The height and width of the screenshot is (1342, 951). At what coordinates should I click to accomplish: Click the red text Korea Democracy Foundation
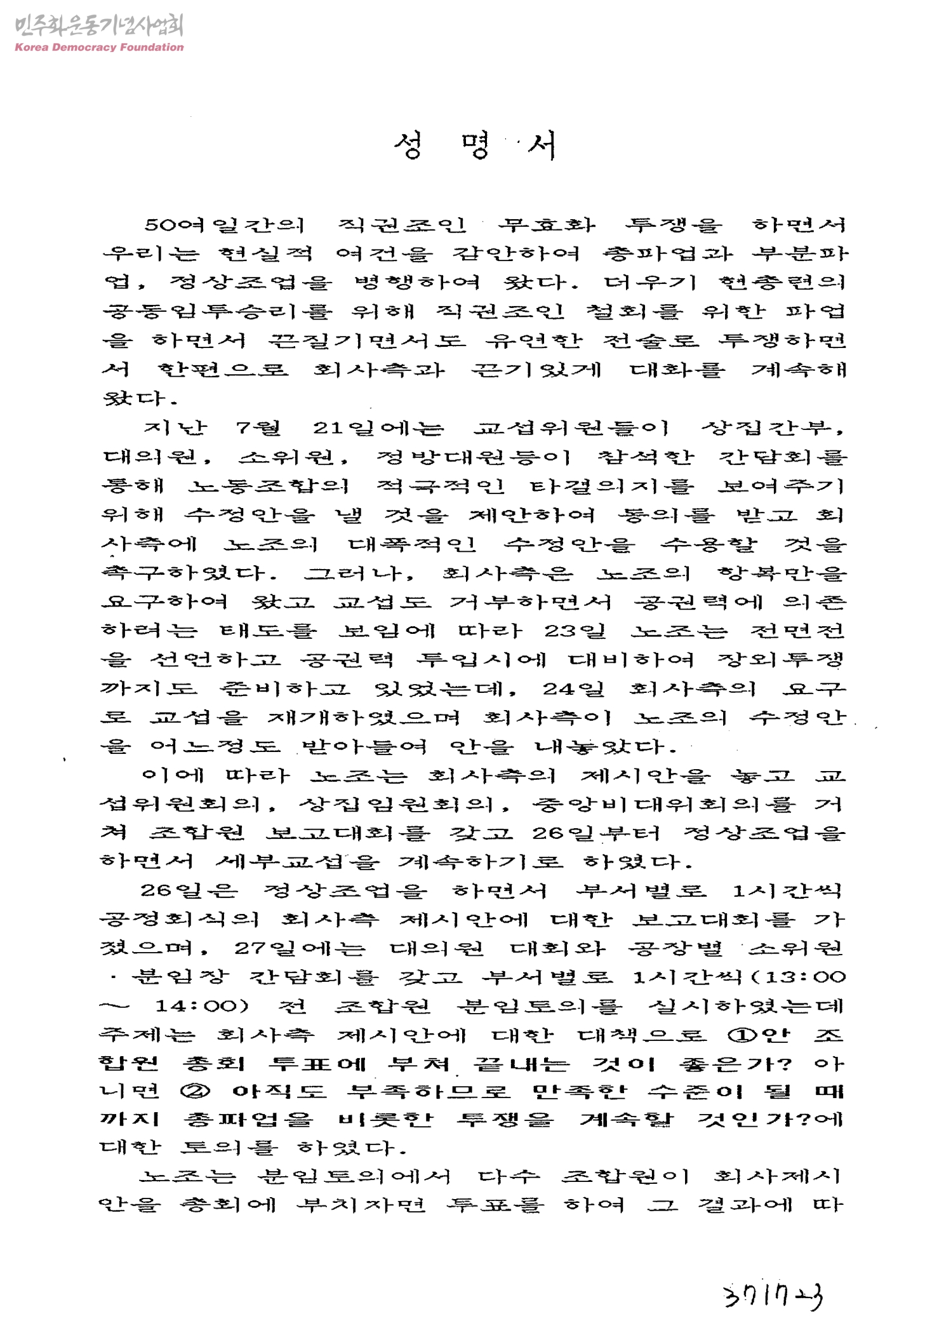pyautogui.click(x=99, y=47)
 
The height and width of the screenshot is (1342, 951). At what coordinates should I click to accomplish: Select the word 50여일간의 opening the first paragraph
pyautogui.click(x=224, y=225)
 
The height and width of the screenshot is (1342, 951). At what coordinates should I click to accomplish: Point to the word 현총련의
pyautogui.click(x=782, y=282)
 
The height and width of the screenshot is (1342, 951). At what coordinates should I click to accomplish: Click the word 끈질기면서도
pyautogui.click(x=366, y=341)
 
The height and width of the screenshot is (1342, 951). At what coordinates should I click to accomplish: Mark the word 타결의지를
pyautogui.click(x=612, y=486)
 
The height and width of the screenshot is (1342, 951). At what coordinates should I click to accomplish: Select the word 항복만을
pyautogui.click(x=781, y=573)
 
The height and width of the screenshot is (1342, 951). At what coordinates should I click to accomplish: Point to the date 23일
pyautogui.click(x=575, y=631)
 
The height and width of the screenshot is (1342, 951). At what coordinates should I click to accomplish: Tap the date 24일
pyautogui.click(x=573, y=688)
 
